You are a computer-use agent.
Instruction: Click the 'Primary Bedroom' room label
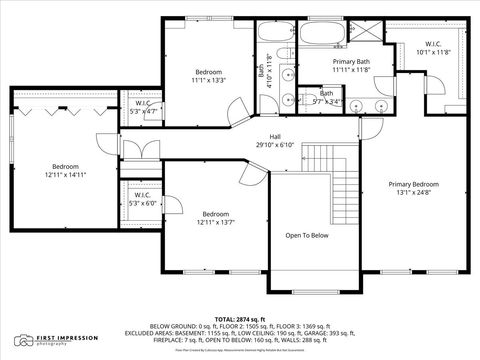(413, 184)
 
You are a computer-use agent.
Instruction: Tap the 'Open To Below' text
(307, 236)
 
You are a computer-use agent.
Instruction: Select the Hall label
(275, 137)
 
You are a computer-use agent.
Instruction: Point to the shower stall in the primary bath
(365, 32)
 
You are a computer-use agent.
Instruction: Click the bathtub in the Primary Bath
(319, 36)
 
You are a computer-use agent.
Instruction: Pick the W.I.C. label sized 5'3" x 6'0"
(140, 203)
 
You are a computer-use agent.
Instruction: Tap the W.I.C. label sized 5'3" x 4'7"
(141, 111)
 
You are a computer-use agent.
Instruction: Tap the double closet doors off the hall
(135, 151)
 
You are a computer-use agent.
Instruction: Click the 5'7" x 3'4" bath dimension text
(327, 101)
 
